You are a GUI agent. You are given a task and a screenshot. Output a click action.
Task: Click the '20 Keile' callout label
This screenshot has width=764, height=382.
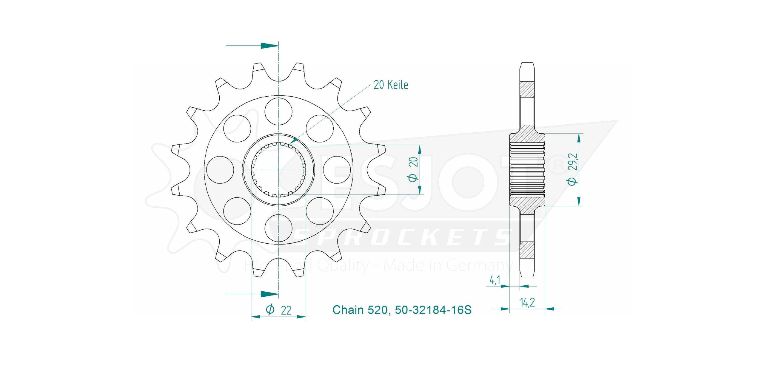[x=391, y=85]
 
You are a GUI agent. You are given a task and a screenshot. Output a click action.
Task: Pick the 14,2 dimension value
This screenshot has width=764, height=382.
[x=527, y=302]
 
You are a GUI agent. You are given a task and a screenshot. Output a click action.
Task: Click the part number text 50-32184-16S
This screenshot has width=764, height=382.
[x=433, y=310]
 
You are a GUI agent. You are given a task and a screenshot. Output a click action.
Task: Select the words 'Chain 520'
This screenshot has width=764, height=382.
[x=360, y=310]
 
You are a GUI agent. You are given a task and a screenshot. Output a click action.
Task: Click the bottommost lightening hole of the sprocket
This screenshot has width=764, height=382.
[x=278, y=228]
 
